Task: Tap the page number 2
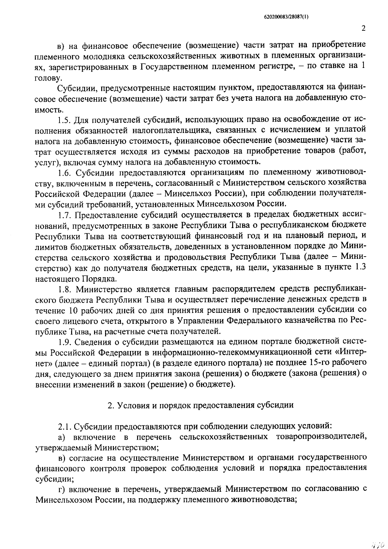click(x=363, y=28)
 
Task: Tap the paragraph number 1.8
click(x=64, y=288)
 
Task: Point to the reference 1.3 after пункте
click(x=361, y=267)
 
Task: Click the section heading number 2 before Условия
click(x=110, y=405)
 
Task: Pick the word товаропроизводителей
click(x=321, y=437)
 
